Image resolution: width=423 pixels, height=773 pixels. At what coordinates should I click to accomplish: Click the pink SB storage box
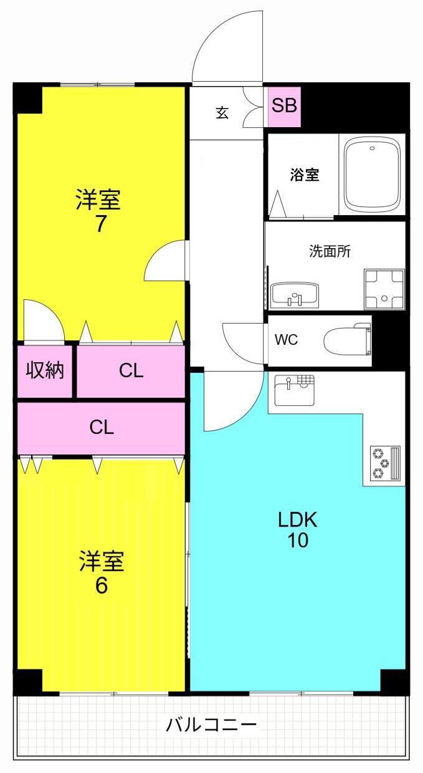pos(284,107)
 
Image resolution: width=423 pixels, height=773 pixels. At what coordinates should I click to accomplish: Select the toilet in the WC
pos(347,340)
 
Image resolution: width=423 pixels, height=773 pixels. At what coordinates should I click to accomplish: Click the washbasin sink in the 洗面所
pos(295,295)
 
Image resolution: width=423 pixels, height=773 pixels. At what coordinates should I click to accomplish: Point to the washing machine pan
pos(384,289)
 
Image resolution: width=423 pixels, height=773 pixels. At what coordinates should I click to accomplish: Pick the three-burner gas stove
pos(386,463)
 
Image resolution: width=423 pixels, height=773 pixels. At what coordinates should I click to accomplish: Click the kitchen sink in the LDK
pos(295,390)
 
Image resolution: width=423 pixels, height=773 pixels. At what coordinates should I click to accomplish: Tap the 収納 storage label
pos(45,371)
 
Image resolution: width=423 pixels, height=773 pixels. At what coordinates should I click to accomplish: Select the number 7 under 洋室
pos(100,224)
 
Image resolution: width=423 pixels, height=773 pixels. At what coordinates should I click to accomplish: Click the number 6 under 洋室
pos(101,585)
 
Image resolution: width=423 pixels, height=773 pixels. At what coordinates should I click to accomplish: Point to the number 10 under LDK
pos(298,540)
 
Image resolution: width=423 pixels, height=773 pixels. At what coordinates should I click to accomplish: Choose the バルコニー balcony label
pos(211,724)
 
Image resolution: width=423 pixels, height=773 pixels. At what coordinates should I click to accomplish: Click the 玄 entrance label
pos(222,112)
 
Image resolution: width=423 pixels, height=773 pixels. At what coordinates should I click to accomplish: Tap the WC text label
pos(286,340)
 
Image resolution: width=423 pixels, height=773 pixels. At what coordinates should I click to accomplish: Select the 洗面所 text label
pos(330,251)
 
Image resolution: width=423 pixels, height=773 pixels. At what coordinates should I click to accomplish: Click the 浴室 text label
pos(305,175)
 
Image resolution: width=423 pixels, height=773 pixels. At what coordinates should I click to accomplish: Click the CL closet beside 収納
pos(131,371)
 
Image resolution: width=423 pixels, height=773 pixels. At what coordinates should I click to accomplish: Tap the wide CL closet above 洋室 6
pos(102,428)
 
